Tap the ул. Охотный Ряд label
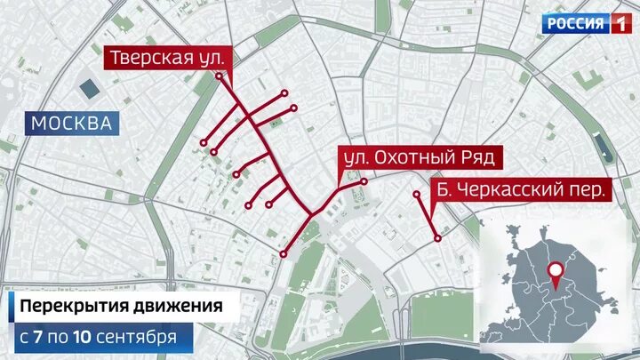point(419,158)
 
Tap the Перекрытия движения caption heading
point(121,308)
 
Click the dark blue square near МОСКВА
point(90,89)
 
